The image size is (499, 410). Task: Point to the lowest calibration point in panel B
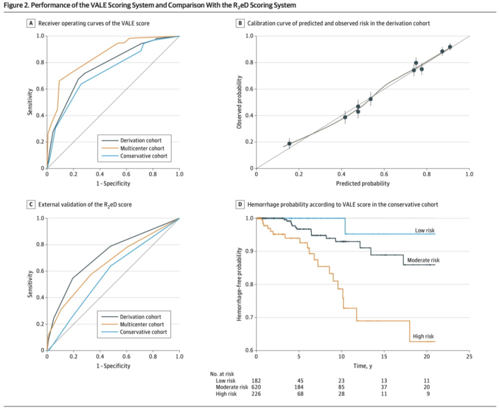289,144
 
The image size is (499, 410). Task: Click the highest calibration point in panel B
450,47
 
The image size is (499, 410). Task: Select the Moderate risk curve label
423,260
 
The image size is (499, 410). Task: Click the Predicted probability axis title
363,184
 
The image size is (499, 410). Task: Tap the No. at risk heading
222,374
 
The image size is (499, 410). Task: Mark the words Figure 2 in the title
18,5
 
